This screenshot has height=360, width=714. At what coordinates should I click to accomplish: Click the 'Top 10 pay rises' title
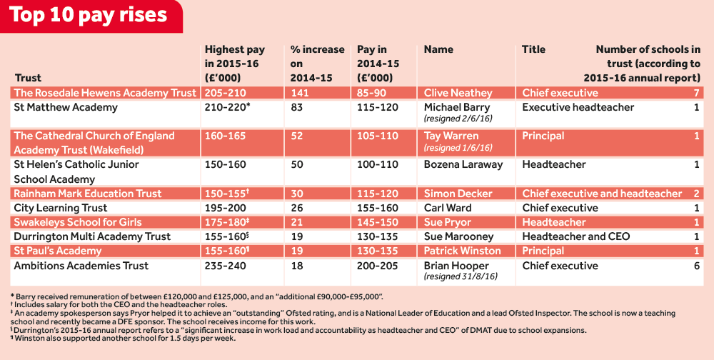(x=89, y=16)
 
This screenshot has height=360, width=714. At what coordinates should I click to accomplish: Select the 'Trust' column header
(x=28, y=78)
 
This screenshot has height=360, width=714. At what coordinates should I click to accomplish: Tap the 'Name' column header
(x=438, y=49)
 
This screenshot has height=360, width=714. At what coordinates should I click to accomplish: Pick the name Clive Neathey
(x=458, y=93)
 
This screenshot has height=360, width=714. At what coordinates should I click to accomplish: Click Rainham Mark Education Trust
(x=88, y=194)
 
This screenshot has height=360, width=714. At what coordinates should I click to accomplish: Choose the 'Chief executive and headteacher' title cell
(x=602, y=194)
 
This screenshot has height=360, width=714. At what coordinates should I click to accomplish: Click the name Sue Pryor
(x=447, y=222)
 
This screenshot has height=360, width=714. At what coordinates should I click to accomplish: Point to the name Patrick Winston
(x=463, y=251)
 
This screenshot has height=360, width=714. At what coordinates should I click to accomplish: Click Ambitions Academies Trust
(x=81, y=266)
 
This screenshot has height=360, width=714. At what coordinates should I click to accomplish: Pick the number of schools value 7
(x=695, y=93)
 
